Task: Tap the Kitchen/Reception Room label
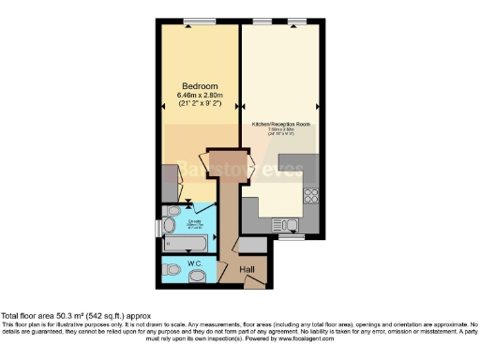[280, 123]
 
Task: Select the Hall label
[247, 270]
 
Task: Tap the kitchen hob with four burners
[311, 198]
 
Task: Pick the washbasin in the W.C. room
[209, 273]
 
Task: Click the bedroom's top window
[198, 21]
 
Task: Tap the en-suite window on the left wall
[158, 228]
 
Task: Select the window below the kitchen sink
[292, 237]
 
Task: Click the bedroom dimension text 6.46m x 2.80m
[199, 96]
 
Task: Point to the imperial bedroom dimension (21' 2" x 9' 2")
[199, 105]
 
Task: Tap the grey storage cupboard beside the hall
[252, 245]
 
